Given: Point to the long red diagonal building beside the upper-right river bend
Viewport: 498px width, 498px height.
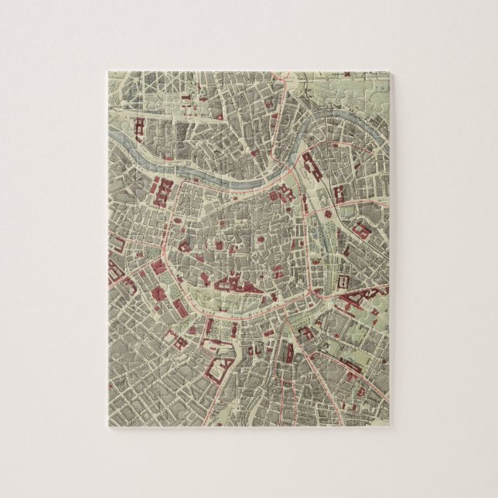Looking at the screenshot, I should point(313,165).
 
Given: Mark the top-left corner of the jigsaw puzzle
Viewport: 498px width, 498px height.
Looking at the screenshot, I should point(108,72).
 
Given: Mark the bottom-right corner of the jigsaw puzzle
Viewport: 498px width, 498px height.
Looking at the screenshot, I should point(388,426).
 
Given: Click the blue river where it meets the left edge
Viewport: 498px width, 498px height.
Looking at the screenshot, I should point(111,136).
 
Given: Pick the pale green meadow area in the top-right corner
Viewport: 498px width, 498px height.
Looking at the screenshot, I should point(363,85).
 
